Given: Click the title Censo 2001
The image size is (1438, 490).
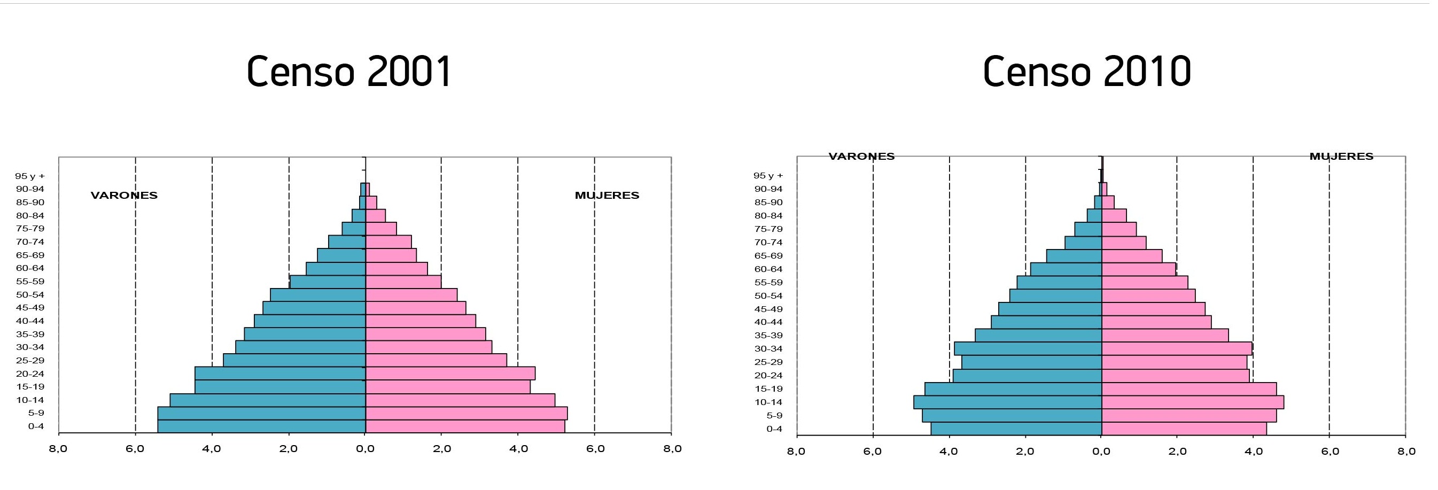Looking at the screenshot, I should click(x=349, y=72).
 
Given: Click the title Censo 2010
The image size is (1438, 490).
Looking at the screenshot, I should click(x=1086, y=72).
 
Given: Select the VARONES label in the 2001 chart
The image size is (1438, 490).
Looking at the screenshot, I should click(x=124, y=196).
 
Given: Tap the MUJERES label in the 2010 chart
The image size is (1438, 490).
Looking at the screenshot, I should click(x=1341, y=156).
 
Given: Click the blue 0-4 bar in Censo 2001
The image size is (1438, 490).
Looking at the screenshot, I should click(x=261, y=426).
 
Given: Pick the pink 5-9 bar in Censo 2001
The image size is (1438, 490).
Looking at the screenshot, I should click(x=466, y=413).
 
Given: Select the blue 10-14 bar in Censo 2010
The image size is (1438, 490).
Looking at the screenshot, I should click(x=1008, y=402).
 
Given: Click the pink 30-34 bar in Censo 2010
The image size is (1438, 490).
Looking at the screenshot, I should click(x=1177, y=349).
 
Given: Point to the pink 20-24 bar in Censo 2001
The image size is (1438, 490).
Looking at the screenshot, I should click(x=450, y=374).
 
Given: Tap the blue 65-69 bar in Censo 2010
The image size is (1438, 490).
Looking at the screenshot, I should click(x=1074, y=255).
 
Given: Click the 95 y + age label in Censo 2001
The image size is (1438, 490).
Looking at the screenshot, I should click(x=30, y=176).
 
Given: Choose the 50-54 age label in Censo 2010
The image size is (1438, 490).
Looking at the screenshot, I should click(x=768, y=296).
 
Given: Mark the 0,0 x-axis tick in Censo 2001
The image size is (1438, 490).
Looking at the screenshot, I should click(x=365, y=449).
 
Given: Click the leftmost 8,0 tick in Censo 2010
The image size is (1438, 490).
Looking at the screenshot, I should click(x=796, y=451).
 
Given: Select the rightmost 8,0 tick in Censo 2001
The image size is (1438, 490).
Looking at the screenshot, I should click(x=672, y=449).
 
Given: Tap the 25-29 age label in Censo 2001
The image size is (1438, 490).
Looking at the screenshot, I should click(x=30, y=361).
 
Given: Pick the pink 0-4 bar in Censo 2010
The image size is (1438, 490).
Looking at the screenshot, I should click(x=1184, y=429).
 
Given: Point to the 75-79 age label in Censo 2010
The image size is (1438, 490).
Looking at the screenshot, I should click(x=768, y=229).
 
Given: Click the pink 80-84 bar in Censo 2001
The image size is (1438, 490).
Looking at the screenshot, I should click(x=375, y=215).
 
